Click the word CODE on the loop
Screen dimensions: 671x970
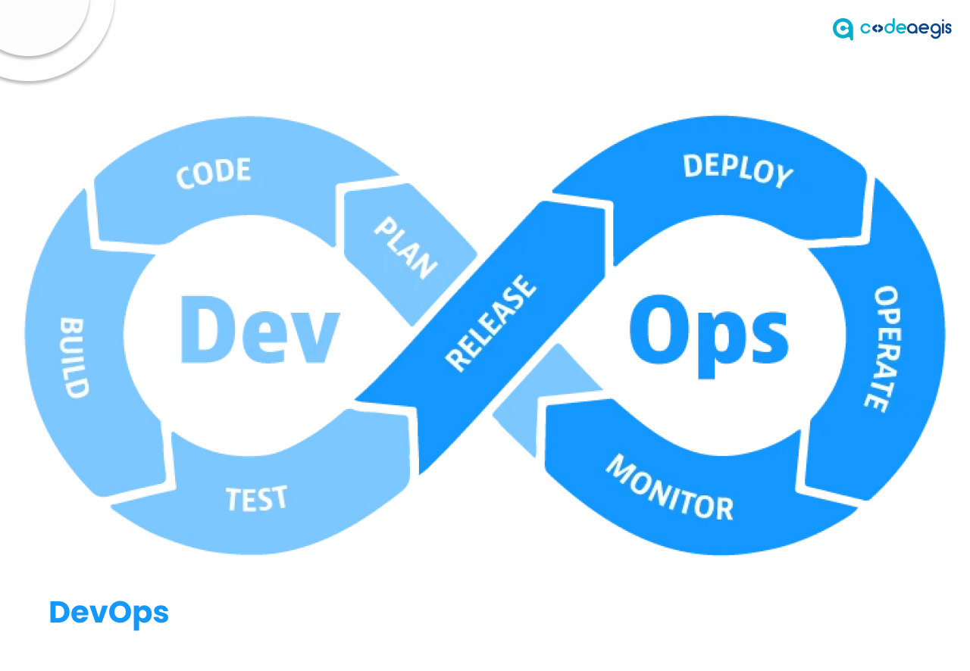coord(213,172)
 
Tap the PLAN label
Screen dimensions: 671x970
coord(405,247)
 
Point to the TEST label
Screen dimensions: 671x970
coord(257,499)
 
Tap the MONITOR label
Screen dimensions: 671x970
coord(670,488)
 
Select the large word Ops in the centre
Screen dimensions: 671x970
coord(709,331)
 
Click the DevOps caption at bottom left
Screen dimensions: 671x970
coord(108,612)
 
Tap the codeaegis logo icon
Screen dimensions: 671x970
coord(843,29)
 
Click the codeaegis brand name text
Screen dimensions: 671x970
coord(906,29)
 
